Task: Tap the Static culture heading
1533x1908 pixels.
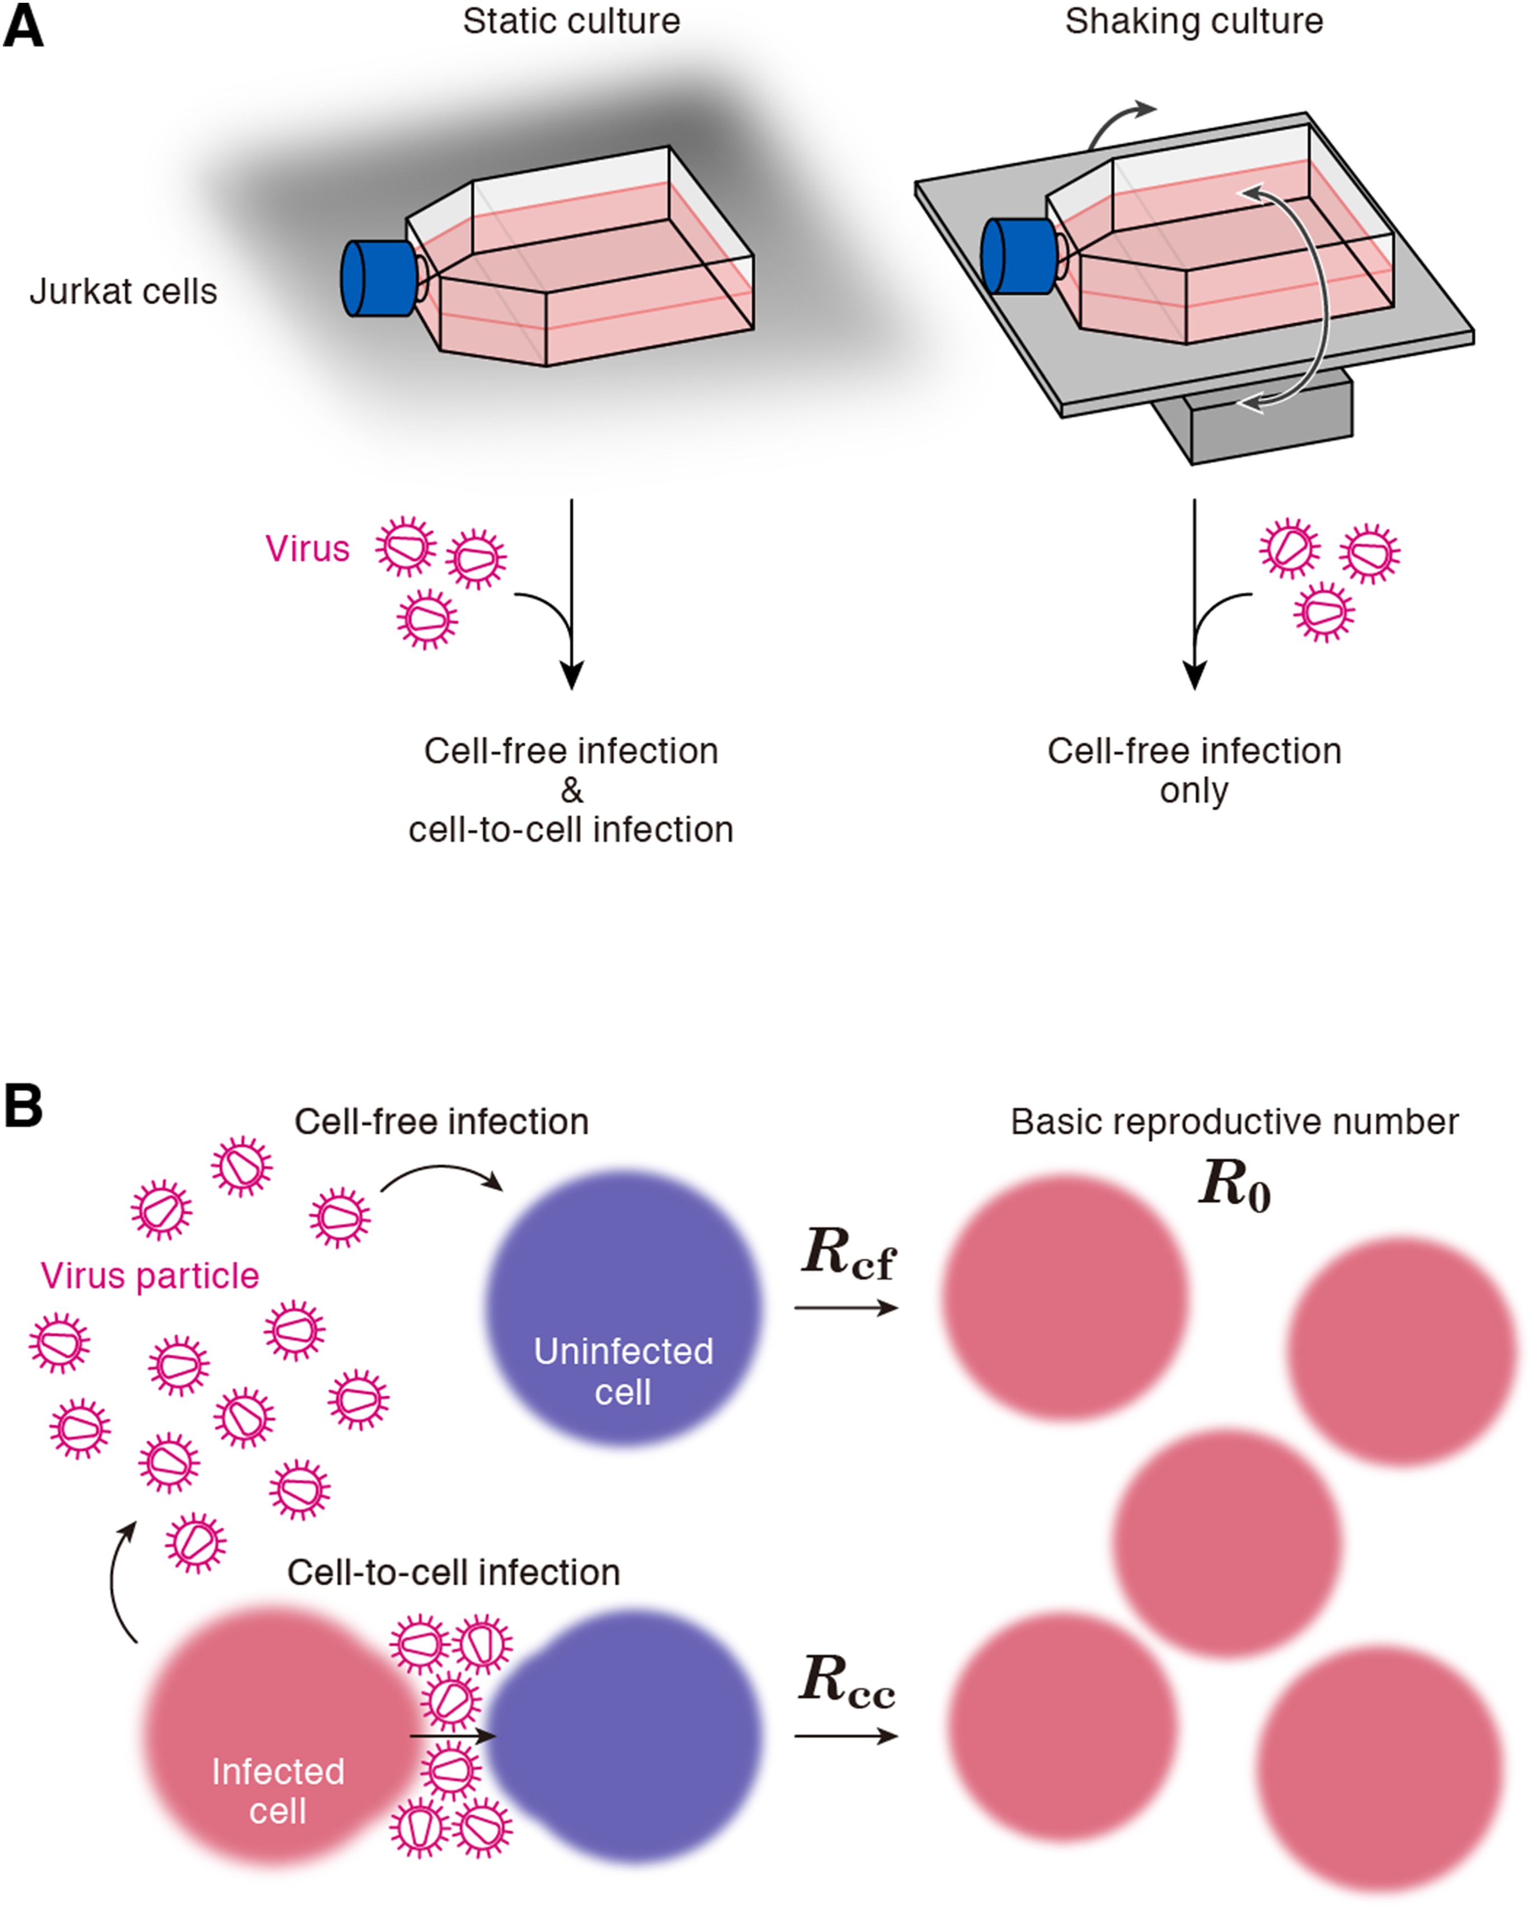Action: tap(571, 21)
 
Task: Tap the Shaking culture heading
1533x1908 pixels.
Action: tap(1194, 21)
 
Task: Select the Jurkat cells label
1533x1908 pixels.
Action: tap(123, 291)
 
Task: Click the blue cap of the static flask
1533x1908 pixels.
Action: tap(376, 278)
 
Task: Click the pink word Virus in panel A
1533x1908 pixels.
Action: tap(307, 549)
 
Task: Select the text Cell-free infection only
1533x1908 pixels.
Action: tap(1194, 770)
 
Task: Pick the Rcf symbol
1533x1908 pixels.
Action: tap(847, 1255)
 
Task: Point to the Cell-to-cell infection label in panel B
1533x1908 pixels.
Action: tap(453, 1572)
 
